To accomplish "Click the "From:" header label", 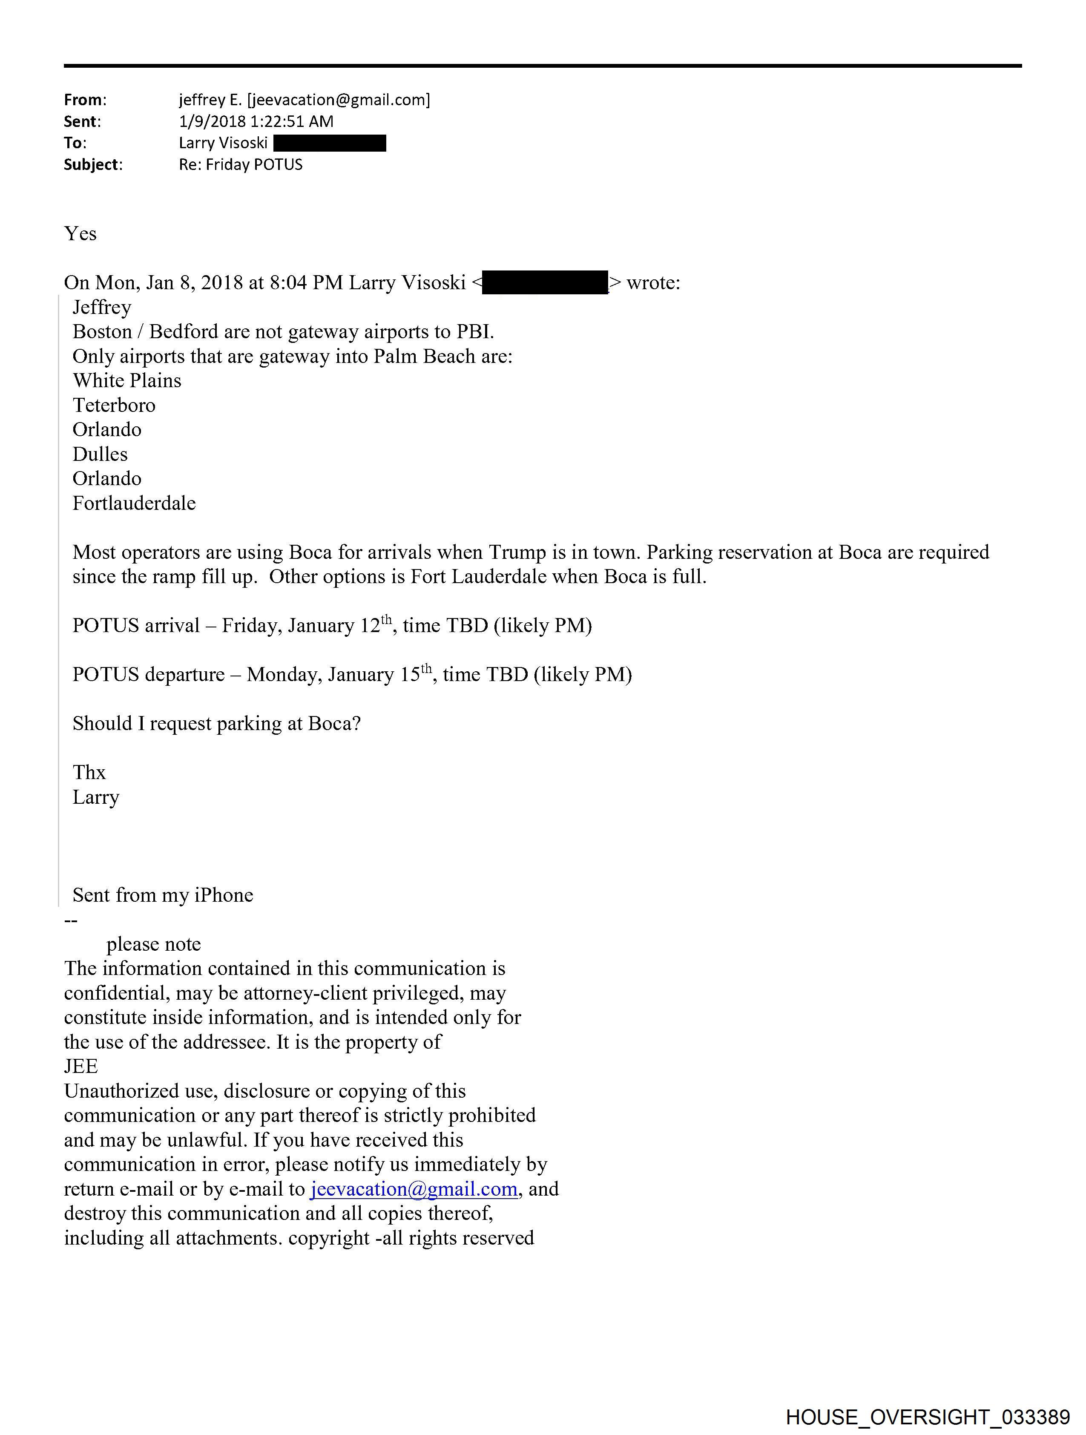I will [85, 100].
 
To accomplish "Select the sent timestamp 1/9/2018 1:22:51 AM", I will [256, 121].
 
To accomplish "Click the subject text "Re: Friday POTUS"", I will [241, 165].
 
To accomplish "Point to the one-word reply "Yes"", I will [80, 233].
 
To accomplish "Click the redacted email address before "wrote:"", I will [545, 283].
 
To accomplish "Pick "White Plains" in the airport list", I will [127, 380].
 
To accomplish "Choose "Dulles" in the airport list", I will [100, 454].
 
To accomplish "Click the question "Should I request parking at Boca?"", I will [217, 723].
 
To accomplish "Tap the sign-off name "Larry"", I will [96, 797].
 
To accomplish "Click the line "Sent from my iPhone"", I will [163, 895].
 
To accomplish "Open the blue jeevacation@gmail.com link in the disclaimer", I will [414, 1189].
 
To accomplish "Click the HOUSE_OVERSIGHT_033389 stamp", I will [928, 1417].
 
